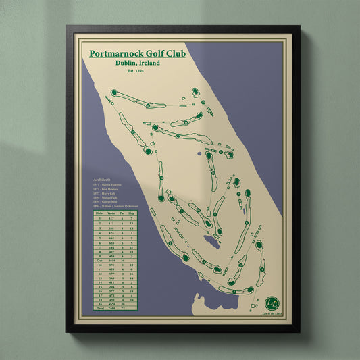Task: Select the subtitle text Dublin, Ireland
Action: coord(138,63)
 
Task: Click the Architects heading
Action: coord(103,180)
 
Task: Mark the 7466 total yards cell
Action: coord(111,308)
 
